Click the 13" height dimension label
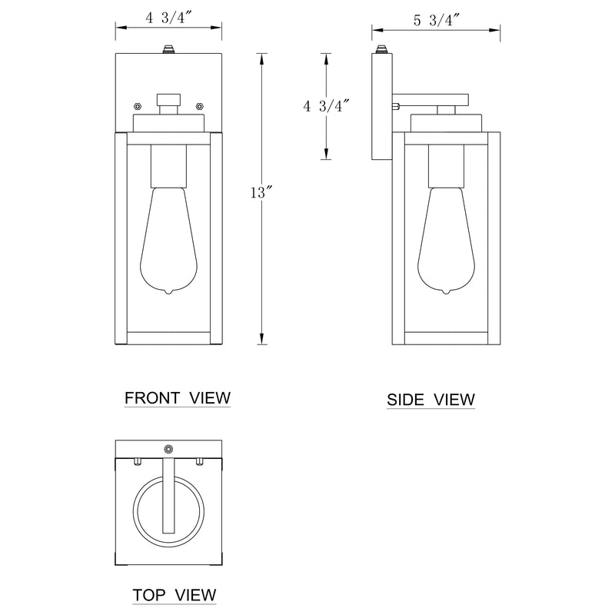(x=261, y=193)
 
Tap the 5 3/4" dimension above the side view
(x=437, y=20)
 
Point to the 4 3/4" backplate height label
(x=326, y=106)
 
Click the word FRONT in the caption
(x=152, y=398)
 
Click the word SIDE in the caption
(x=405, y=400)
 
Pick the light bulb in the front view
(x=168, y=241)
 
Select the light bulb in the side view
(x=446, y=241)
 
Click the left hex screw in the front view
(x=138, y=106)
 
